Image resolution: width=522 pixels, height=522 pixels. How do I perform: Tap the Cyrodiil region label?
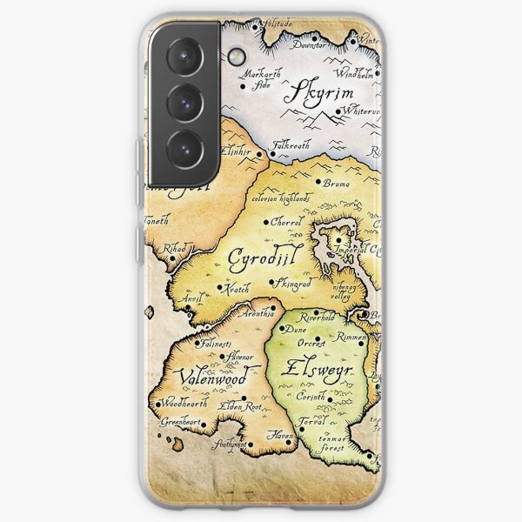coord(258,258)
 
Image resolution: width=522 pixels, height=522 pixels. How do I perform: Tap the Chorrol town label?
coord(285,223)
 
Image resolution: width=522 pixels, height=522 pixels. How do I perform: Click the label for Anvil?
coord(191,298)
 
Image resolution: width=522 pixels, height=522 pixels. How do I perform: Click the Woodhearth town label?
coord(182,404)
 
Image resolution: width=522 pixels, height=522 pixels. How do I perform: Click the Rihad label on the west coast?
coord(174,249)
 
